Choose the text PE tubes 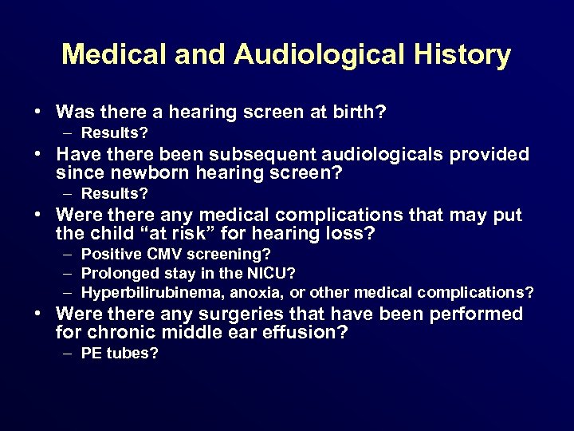(x=120, y=354)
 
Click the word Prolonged (x=115, y=274)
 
